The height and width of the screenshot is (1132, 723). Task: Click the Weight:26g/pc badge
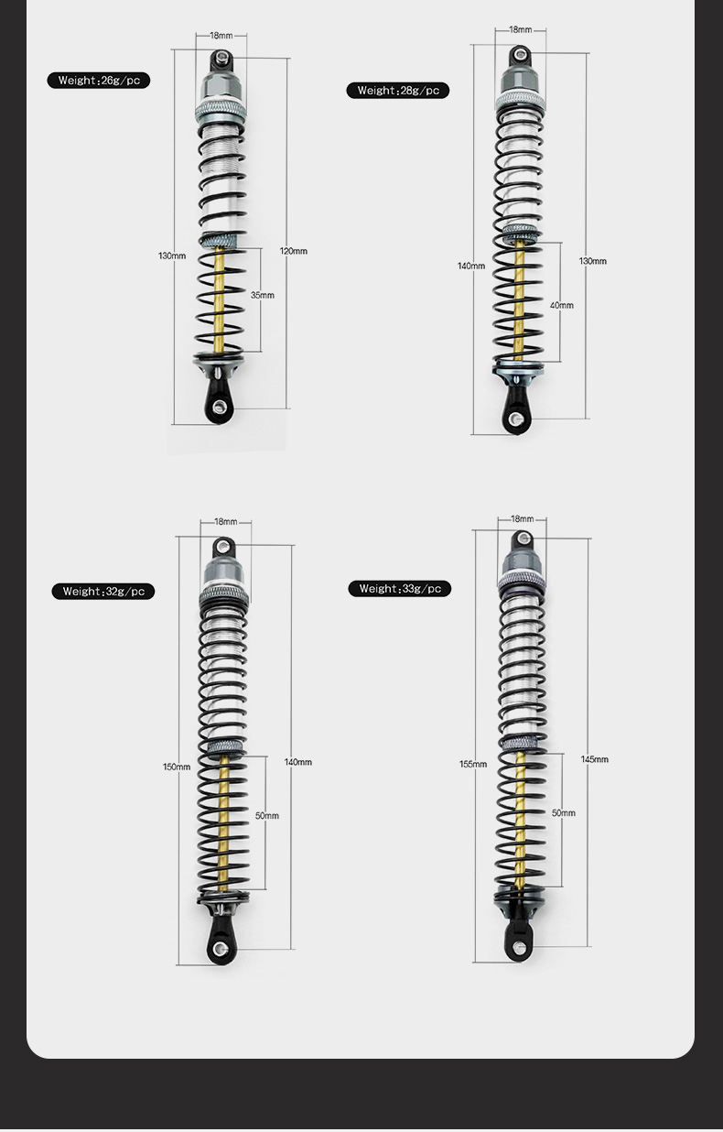click(x=99, y=81)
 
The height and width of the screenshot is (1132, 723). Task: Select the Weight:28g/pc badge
click(x=398, y=91)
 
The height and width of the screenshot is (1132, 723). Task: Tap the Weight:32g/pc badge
click(x=103, y=592)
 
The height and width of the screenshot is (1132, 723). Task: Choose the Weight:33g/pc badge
click(x=399, y=589)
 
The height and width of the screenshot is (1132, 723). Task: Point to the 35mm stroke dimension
click(x=263, y=295)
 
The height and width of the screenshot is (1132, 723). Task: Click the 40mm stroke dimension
click(x=562, y=305)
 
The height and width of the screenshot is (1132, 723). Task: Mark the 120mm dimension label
click(x=294, y=251)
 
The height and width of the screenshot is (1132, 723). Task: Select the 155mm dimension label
click(x=473, y=764)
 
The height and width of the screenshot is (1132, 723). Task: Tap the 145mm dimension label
click(x=594, y=759)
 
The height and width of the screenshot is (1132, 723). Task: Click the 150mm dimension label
click(x=177, y=767)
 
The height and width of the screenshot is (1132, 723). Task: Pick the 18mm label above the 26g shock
click(x=221, y=36)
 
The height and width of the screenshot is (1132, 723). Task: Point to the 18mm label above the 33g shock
click(x=522, y=519)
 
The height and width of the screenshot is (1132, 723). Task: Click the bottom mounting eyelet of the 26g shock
click(x=218, y=406)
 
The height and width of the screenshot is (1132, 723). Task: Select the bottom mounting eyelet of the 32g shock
click(x=219, y=948)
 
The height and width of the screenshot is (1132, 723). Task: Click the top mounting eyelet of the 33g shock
click(x=523, y=539)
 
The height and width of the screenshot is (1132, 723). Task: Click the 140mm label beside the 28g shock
click(x=471, y=266)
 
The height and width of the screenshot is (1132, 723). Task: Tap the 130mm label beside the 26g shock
click(x=172, y=256)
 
